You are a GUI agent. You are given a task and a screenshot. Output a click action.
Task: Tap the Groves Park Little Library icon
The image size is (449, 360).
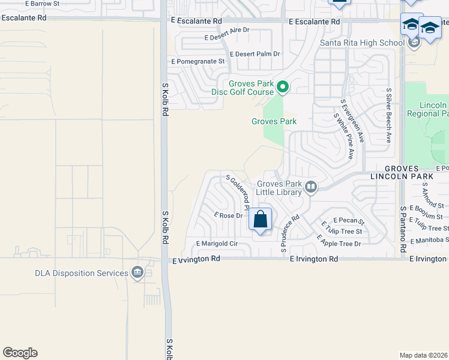click(311, 187)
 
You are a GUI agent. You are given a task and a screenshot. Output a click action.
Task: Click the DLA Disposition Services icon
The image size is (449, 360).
click(138, 273)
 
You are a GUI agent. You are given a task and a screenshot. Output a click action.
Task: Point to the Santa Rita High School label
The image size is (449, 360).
click(362, 43)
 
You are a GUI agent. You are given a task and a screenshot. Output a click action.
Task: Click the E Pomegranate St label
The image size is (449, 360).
click(198, 61)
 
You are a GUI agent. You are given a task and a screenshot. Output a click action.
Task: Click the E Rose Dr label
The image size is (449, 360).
click(228, 215)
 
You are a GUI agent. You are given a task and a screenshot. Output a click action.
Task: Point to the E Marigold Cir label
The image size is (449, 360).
click(217, 244)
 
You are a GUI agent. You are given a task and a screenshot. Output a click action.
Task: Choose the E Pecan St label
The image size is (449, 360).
click(349, 221)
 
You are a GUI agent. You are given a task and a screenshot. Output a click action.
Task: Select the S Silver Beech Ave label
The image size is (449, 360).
click(389, 115)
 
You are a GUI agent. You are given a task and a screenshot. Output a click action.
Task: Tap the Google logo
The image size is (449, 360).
click(20, 353)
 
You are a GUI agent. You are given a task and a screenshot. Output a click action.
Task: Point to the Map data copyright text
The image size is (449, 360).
click(424, 355)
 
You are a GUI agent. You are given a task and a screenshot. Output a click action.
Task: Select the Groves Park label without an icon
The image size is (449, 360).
click(274, 121)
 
